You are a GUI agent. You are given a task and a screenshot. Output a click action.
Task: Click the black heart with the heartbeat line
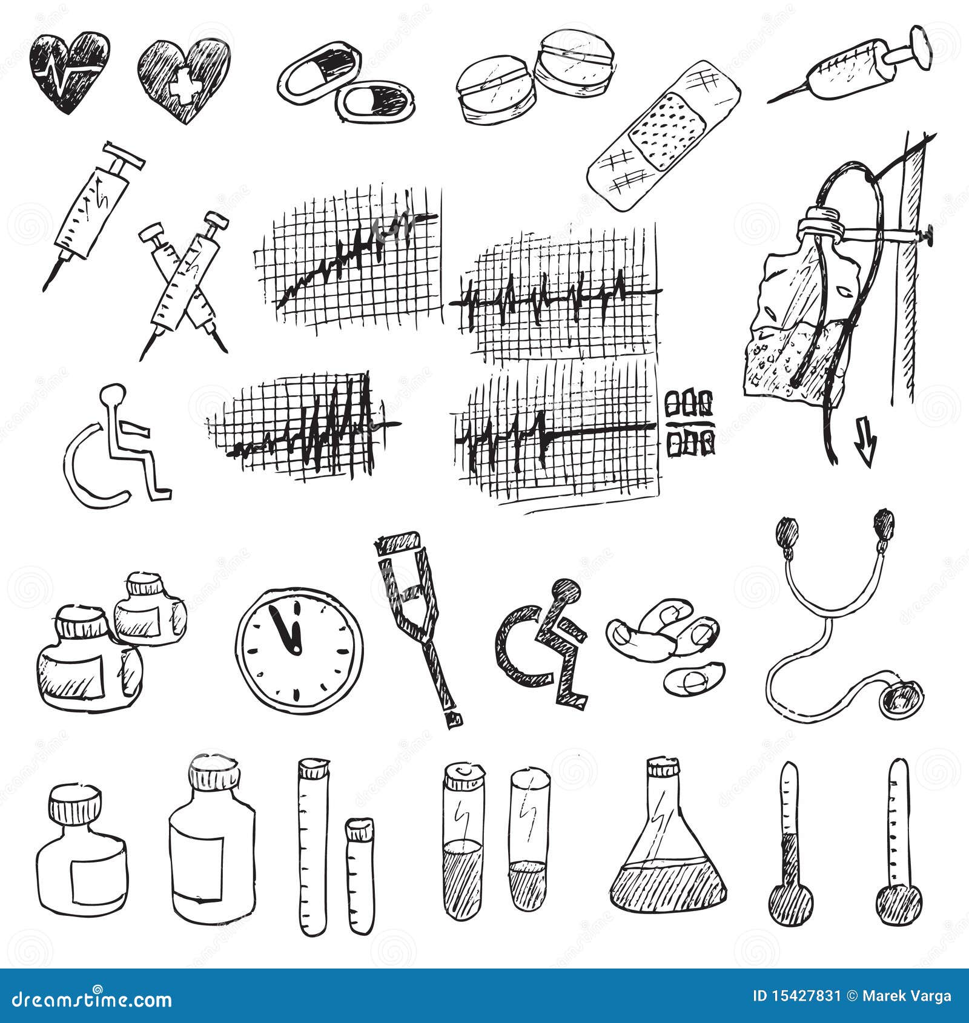(x=70, y=71)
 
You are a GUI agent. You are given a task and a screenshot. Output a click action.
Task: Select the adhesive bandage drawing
(x=664, y=136)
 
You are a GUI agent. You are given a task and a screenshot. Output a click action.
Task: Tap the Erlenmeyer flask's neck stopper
(x=663, y=767)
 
